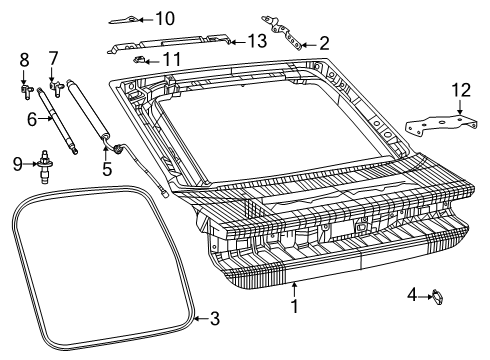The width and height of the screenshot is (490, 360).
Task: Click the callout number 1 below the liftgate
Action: (294, 307)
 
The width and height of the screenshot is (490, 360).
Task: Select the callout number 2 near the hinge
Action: (323, 43)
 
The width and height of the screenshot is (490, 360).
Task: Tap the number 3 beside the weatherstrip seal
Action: (214, 319)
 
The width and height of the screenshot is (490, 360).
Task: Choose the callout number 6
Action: (32, 119)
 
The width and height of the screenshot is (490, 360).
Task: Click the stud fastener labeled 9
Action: (46, 160)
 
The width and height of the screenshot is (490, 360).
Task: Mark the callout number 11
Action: (172, 60)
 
